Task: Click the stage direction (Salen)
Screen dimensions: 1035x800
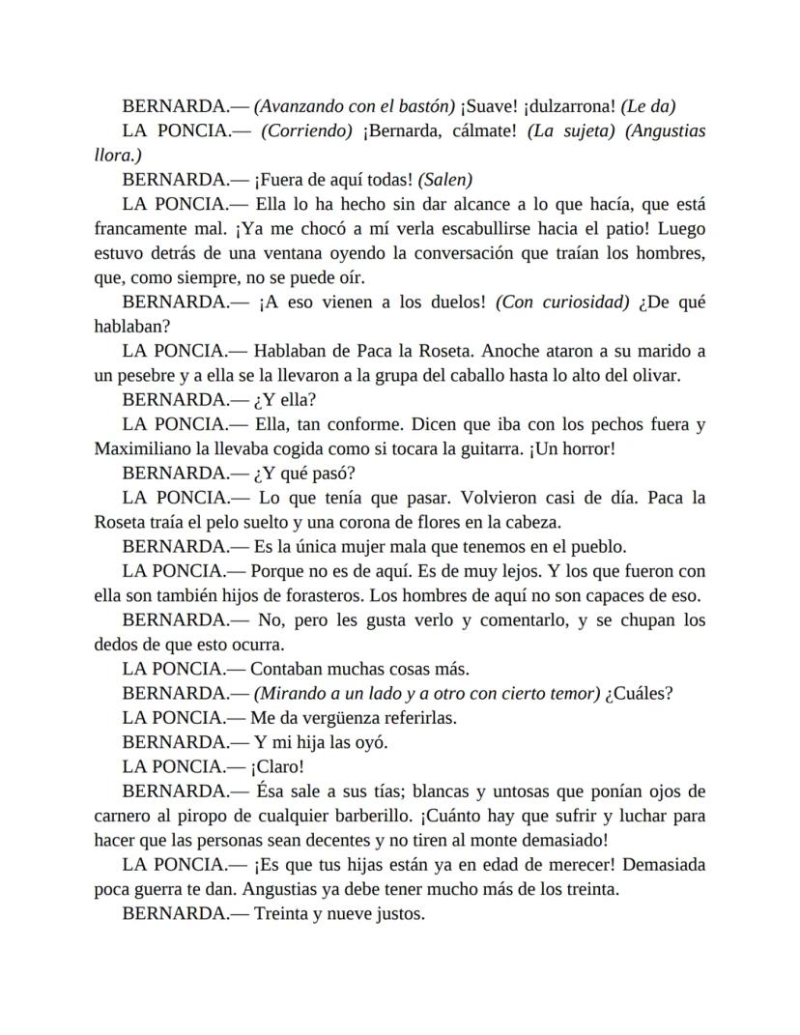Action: click(x=445, y=179)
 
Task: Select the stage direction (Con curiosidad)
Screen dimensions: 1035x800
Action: click(x=562, y=302)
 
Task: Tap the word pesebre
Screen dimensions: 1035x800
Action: click(x=146, y=375)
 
